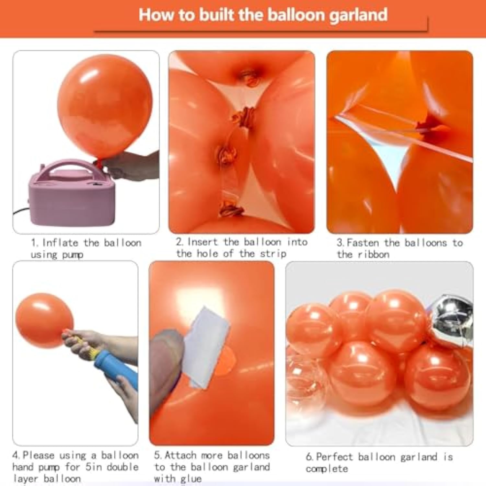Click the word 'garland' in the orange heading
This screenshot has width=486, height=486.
point(358,15)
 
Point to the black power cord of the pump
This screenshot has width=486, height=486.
point(21,211)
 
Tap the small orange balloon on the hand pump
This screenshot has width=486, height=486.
point(44,321)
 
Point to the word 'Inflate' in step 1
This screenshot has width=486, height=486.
point(60,243)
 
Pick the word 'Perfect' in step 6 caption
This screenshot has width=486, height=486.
point(334,457)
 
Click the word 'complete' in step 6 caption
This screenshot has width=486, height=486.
point(327,469)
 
